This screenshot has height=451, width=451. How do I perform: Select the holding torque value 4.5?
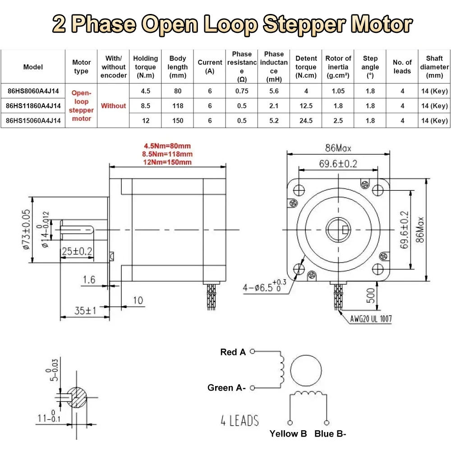(145, 91)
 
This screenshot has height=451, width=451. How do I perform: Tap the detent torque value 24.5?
(306, 120)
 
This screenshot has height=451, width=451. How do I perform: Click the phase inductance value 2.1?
(274, 106)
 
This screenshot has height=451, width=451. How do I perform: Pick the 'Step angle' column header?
(370, 67)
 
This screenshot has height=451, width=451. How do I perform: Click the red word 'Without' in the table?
(113, 106)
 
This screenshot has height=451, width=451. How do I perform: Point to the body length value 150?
(178, 120)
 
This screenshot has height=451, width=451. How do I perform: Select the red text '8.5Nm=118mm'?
(167, 154)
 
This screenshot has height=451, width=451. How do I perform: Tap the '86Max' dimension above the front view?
(338, 147)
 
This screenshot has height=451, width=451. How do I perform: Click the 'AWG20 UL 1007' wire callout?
(371, 319)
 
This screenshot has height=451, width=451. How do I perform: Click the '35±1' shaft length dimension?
(85, 310)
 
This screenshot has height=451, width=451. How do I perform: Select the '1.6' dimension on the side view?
(89, 280)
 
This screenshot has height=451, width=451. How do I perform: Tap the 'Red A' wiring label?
(233, 352)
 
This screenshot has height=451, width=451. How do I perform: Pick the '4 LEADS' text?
(239, 421)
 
